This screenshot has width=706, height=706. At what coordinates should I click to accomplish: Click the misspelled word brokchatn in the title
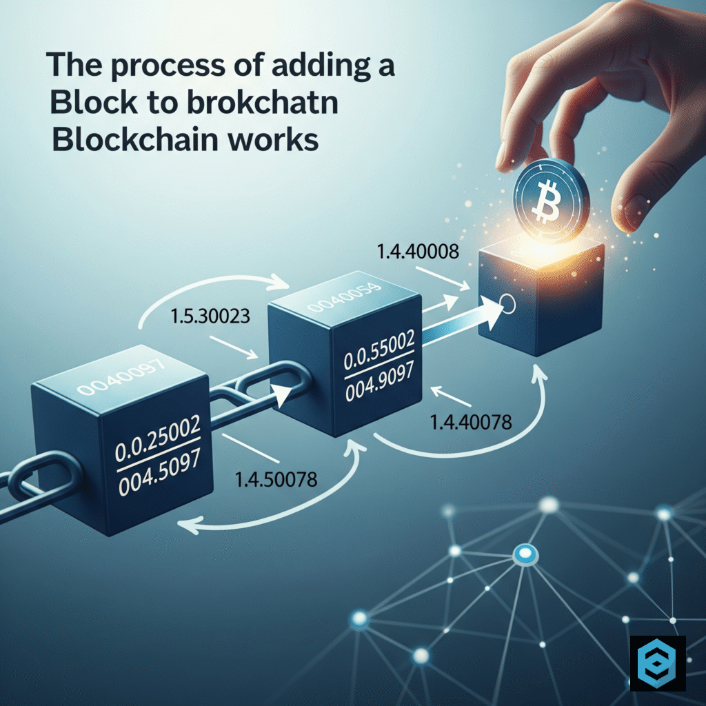click(x=263, y=102)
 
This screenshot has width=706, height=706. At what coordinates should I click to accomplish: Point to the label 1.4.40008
click(x=417, y=251)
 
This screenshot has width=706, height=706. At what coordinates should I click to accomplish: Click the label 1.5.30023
click(x=210, y=316)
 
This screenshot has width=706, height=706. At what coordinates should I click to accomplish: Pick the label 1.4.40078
click(x=471, y=423)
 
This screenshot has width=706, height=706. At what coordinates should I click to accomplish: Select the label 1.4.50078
click(x=276, y=480)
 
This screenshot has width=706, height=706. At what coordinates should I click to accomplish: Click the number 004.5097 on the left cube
click(x=160, y=472)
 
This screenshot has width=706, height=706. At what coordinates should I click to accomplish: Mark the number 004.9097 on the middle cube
click(x=379, y=382)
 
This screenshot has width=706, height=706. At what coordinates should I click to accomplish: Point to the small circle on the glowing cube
click(x=507, y=303)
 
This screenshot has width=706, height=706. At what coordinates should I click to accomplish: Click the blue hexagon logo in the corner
click(x=657, y=663)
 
